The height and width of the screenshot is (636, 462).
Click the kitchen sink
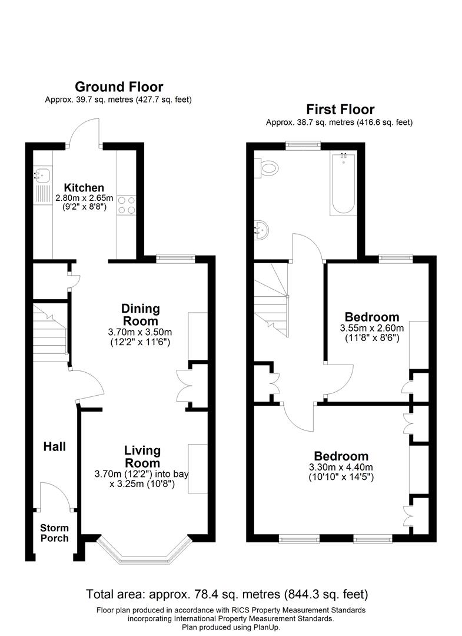tap(42, 174)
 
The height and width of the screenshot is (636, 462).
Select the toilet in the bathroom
tap(268, 169)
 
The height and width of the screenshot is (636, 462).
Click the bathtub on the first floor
tap(343, 184)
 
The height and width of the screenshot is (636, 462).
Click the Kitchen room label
tap(84, 188)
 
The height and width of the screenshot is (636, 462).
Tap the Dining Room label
tap(140, 315)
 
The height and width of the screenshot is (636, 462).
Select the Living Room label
tap(142, 457)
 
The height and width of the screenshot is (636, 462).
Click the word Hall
tap(54, 447)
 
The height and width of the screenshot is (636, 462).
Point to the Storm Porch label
tap(54, 533)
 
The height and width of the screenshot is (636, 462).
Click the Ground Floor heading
tap(119, 87)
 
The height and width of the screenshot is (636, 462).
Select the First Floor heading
tap(340, 109)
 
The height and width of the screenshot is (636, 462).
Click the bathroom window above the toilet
tap(304, 143)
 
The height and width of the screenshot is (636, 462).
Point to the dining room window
tap(175, 257)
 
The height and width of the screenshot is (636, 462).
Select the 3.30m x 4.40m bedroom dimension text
tap(341, 472)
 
